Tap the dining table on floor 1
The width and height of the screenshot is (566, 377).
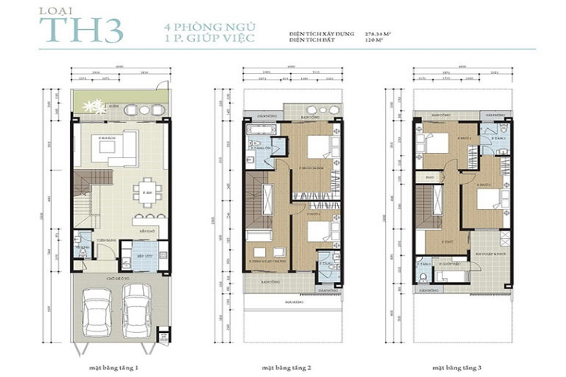tap(145, 191)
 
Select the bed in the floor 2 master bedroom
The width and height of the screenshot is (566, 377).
tap(318, 146)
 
